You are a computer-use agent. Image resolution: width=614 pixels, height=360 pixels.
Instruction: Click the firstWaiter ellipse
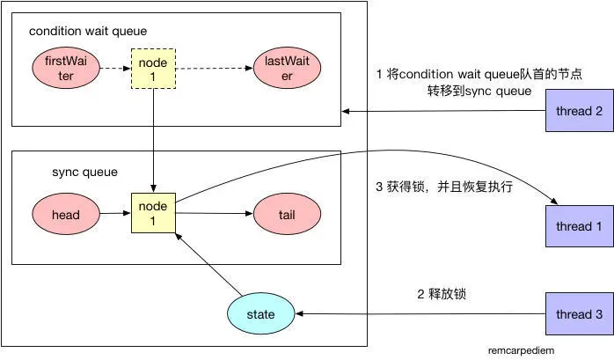pos(66,68)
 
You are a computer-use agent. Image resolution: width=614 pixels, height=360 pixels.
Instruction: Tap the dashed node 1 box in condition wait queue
pos(152,68)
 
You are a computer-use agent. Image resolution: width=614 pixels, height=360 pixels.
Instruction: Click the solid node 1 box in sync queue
pos(152,212)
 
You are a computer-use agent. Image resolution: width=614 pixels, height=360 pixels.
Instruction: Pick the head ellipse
pos(66,212)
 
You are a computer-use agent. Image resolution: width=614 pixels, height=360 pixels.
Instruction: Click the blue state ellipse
pos(261,313)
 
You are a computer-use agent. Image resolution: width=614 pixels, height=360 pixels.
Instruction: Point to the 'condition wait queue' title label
pos(88,32)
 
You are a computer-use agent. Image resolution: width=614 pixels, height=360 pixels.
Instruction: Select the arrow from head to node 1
pos(114,212)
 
